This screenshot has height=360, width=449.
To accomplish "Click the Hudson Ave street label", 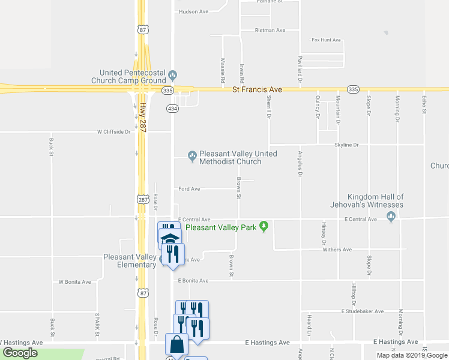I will (x=193, y=11).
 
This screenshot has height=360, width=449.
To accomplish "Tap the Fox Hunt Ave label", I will (x=326, y=40).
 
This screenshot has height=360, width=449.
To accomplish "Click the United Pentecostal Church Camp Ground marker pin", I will (x=173, y=76).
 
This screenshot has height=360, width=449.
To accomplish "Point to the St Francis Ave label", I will (x=257, y=89).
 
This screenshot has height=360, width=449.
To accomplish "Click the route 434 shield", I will (x=172, y=109).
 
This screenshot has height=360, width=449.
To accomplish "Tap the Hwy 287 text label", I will (x=143, y=117).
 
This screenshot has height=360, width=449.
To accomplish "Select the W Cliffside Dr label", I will (x=113, y=131).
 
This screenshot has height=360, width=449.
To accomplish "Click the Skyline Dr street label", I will (x=346, y=145).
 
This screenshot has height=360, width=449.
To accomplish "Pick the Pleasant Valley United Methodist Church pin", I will (x=192, y=157).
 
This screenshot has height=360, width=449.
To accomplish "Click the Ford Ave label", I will (x=189, y=189).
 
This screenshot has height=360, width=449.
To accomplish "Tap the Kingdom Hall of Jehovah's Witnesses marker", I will (x=391, y=217).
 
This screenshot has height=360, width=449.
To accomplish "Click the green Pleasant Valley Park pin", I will (x=263, y=227).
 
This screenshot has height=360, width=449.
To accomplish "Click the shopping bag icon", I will (x=176, y=345).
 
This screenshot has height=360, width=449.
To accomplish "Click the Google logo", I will (x=20, y=353).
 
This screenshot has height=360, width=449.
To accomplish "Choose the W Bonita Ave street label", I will (x=74, y=281).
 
